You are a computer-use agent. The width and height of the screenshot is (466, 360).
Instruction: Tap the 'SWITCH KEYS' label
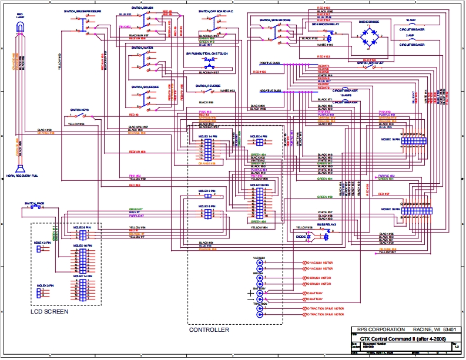point(79,110)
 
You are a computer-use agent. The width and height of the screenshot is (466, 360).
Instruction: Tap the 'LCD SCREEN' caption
point(49,312)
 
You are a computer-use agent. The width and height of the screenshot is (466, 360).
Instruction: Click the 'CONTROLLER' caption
point(209,330)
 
